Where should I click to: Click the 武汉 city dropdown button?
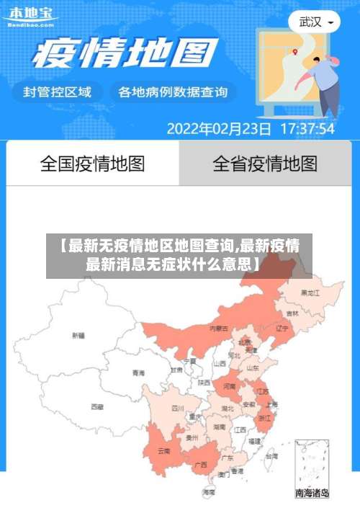click(315, 22)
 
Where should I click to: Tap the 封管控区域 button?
click(58, 92)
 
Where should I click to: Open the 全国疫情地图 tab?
click(92, 164)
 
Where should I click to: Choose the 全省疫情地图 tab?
click(265, 164)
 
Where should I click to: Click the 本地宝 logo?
click(30, 15)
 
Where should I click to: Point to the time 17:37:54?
click(307, 129)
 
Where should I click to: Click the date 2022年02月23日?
click(219, 129)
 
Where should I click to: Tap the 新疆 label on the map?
click(78, 335)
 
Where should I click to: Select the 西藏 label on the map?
click(97, 406)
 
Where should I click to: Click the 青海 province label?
click(138, 373)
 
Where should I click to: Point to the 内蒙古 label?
click(218, 328)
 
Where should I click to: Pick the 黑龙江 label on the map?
click(310, 293)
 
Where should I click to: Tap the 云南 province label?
click(163, 451)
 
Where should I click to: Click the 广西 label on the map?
click(201, 464)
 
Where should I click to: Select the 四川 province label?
click(177, 408)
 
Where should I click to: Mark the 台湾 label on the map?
click(271, 456)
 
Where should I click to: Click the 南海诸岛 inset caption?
click(312, 494)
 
